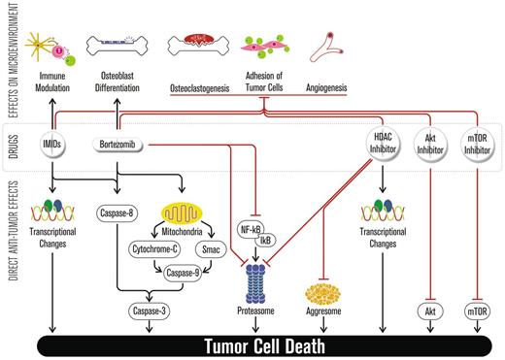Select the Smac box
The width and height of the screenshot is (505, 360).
(238, 249)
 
